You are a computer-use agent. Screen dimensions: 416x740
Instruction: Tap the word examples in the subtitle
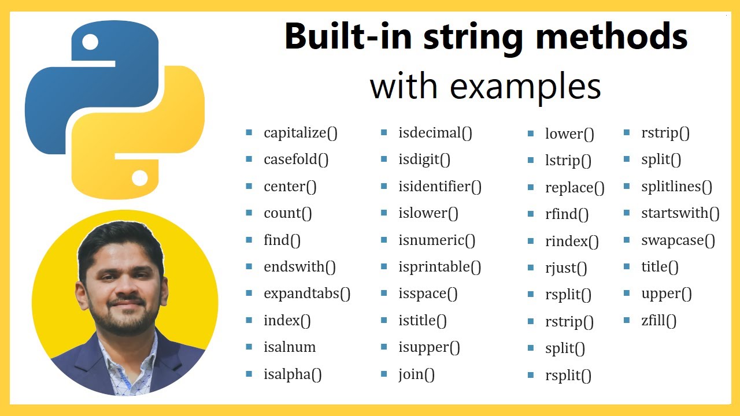pyautogui.click(x=526, y=87)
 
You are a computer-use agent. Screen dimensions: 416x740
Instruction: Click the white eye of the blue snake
pyautogui.click(x=90, y=42)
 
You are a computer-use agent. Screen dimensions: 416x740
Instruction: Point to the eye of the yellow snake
pyautogui.click(x=139, y=177)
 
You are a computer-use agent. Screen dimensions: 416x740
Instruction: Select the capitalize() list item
pyautogui.click(x=300, y=133)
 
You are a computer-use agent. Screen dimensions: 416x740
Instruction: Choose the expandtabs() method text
pyautogui.click(x=307, y=294)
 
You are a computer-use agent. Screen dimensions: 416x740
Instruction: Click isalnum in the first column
pyautogui.click(x=290, y=347)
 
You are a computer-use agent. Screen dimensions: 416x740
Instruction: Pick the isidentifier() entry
pyautogui.click(x=439, y=187)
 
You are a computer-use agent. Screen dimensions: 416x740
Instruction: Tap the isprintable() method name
pyautogui.click(x=439, y=267)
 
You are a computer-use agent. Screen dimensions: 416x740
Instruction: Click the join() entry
pyautogui.click(x=416, y=374)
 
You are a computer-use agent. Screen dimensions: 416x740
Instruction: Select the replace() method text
pyautogui.click(x=575, y=188)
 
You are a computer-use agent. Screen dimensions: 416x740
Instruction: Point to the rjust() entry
pyautogui.click(x=566, y=268)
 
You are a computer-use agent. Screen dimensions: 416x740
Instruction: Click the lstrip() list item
pyautogui.click(x=568, y=161)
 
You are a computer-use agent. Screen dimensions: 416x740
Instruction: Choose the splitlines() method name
pyautogui.click(x=676, y=187)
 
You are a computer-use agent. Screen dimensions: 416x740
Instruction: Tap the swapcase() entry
pyautogui.click(x=678, y=240)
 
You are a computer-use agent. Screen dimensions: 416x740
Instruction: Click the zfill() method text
pyautogui.click(x=658, y=321)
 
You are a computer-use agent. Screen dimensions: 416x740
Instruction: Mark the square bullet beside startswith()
pyautogui.click(x=628, y=213)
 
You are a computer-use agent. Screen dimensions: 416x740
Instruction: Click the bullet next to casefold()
pyautogui.click(x=249, y=159)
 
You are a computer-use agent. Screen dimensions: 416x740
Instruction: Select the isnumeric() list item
pyautogui.click(x=436, y=240)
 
